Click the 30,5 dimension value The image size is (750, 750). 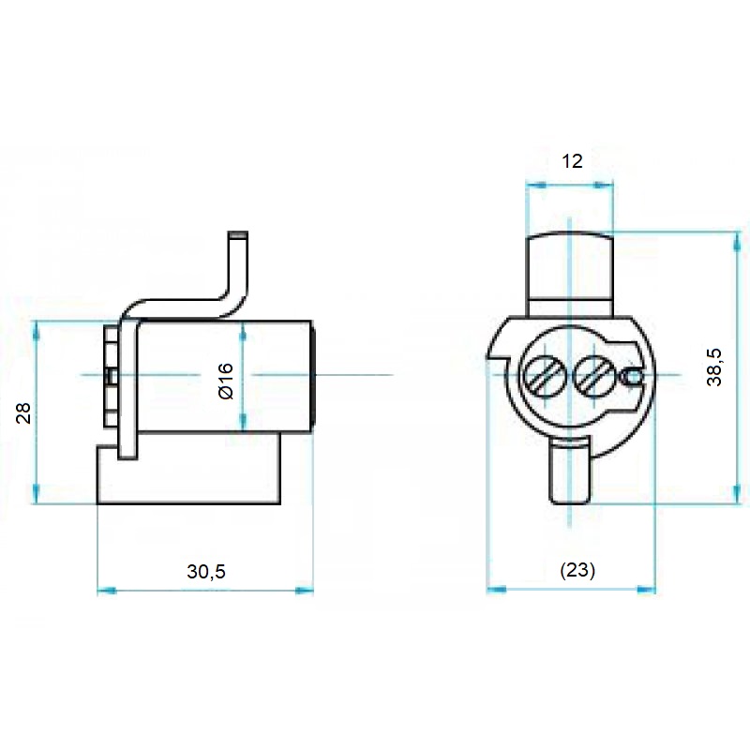point(206,571)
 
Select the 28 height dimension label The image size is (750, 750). point(25,412)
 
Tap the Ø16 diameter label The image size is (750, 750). point(225,381)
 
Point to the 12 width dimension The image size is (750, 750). point(572,161)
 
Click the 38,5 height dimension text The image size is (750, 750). point(714,367)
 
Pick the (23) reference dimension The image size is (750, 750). point(577,570)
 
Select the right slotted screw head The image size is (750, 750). point(592,377)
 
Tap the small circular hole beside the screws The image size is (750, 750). point(633,377)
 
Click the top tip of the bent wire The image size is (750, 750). point(239,234)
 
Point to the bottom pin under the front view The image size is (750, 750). point(568,473)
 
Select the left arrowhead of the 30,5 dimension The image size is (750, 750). point(103,591)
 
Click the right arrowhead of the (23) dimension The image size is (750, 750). point(649,590)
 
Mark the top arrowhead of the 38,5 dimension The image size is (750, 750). point(736,236)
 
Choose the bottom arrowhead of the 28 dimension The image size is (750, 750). point(37,497)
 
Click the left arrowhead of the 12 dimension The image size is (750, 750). point(532,186)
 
